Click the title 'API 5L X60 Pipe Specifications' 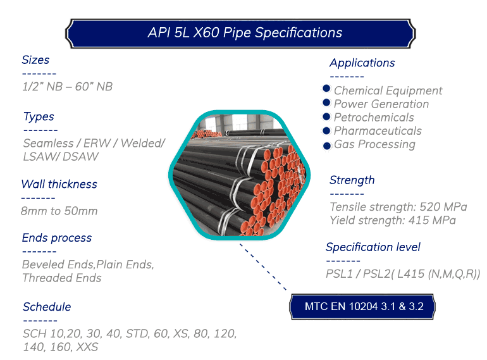click(x=245, y=33)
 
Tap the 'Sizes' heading click(x=35, y=59)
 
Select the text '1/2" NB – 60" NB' click(x=67, y=86)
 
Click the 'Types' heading click(x=39, y=117)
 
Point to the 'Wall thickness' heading click(x=59, y=184)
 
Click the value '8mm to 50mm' click(x=59, y=211)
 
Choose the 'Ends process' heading click(x=57, y=238)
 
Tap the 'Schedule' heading click(x=47, y=307)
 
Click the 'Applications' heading click(x=362, y=63)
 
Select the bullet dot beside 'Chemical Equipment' click(x=326, y=89)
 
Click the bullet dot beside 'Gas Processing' click(x=327, y=146)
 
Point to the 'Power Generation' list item click(x=381, y=104)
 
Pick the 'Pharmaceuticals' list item click(x=378, y=131)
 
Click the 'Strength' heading click(x=352, y=180)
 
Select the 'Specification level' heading click(x=373, y=247)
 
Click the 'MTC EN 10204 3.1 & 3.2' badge click(x=362, y=307)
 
